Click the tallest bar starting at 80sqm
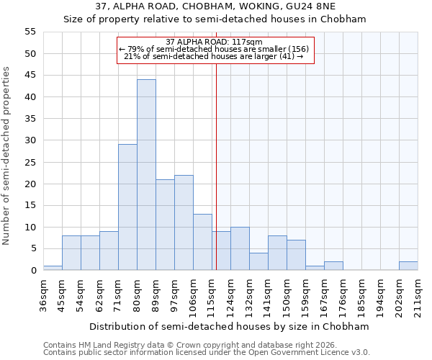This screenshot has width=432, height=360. pyautogui.click(x=146, y=175)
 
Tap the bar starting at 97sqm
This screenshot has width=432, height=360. pyautogui.click(x=184, y=222)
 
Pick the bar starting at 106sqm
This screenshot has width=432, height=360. pyautogui.click(x=202, y=242)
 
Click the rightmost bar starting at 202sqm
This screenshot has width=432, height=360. pyautogui.click(x=408, y=266)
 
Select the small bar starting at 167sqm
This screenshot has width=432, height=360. pyautogui.click(x=333, y=266)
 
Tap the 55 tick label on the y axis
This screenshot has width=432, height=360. pyautogui.click(x=30, y=32)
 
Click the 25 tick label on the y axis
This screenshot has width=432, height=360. pyautogui.click(x=30, y=162)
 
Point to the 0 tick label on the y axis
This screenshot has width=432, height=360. pyautogui.click(x=32, y=270)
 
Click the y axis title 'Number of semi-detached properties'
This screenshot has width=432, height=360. pyautogui.click(x=7, y=156)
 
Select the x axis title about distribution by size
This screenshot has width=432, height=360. pyautogui.click(x=229, y=326)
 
